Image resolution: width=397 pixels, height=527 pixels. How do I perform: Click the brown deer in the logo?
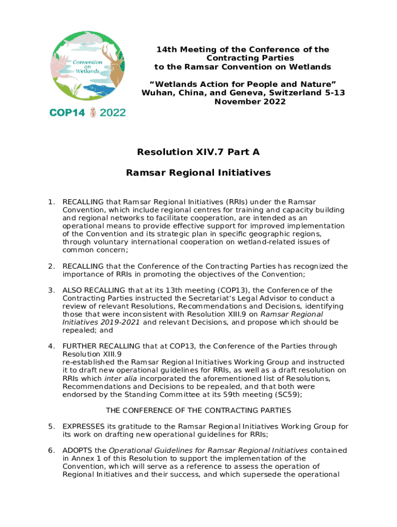[113, 65]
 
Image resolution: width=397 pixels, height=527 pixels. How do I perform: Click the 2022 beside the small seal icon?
[112, 113]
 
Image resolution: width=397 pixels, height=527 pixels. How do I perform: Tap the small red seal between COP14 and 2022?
[93, 113]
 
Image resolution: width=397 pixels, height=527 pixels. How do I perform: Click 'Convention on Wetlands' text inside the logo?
[87, 66]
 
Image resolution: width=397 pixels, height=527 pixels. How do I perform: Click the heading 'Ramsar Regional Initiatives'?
[198, 173]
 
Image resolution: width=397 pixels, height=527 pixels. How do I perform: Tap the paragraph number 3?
[51, 290]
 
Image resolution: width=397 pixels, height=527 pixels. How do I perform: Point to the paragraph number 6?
[51, 450]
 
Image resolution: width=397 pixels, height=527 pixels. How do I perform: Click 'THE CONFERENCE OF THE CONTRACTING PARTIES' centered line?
[198, 411]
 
